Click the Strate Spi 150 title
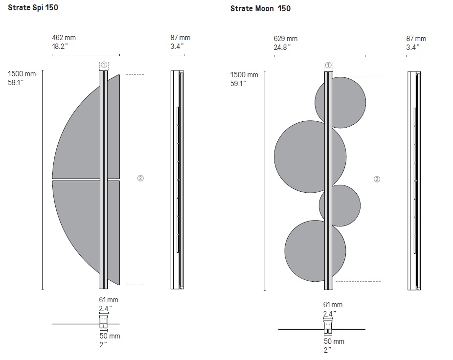pyautogui.click(x=33, y=7)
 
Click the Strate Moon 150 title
pyautogui.click(x=260, y=9)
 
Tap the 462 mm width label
pyautogui.click(x=64, y=38)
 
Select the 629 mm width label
pyautogui.click(x=286, y=39)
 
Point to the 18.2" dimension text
pyautogui.click(x=60, y=46)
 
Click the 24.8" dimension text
pyautogui.click(x=282, y=47)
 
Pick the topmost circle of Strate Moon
pyautogui.click(x=340, y=103)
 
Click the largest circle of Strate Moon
pyautogui.click(x=310, y=157)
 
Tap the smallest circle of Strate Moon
pyautogui.click(x=340, y=206)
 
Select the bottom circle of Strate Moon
pyautogui.click(x=315, y=251)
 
